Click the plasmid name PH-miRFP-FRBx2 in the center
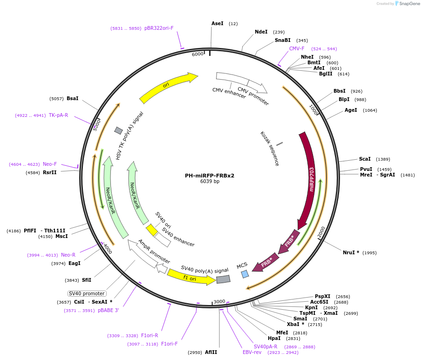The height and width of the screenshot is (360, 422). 209,176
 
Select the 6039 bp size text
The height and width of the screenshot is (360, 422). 209,182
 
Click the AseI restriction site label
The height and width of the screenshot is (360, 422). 217,23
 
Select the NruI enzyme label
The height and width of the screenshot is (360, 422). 351,252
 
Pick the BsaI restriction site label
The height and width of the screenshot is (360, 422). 72,98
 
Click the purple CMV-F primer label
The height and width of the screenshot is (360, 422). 297,48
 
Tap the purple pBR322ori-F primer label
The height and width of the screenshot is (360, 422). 159,28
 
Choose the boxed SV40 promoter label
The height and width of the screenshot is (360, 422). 87,293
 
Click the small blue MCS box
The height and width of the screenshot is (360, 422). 245,274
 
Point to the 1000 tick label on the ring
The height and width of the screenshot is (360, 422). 313,110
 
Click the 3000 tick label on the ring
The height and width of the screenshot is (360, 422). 219,301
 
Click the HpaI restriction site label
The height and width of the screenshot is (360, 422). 274,339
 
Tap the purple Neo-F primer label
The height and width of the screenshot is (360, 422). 50,164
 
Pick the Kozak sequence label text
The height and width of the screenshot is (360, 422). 269,148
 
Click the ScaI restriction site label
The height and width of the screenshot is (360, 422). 365,159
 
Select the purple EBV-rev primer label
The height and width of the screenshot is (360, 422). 252,352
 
